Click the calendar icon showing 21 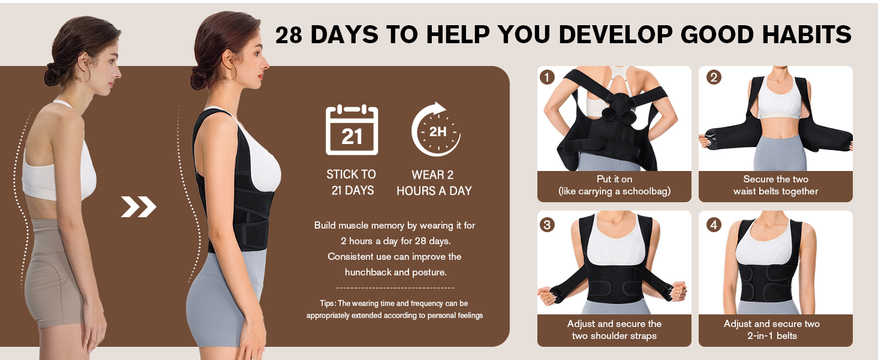(351, 130)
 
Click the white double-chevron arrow (139, 207)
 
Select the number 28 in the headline (288, 35)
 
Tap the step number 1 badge (546, 77)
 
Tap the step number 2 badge (713, 77)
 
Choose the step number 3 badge (546, 225)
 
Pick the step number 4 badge (713, 225)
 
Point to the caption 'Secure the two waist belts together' (775, 185)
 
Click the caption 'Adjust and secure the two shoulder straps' (614, 330)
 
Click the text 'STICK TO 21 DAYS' (351, 182)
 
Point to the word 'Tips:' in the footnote (327, 304)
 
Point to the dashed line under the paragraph (395, 288)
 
